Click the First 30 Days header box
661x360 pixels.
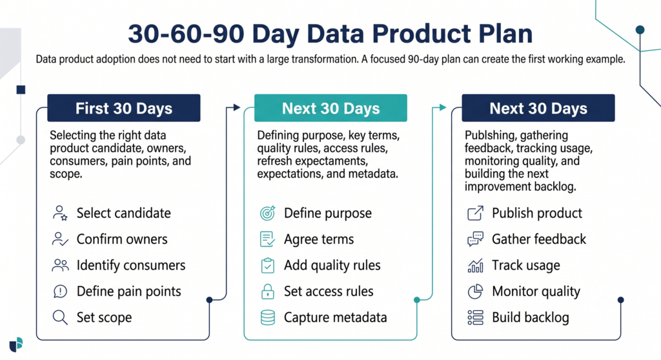pyautogui.click(x=123, y=108)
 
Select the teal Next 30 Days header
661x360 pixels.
pyautogui.click(x=330, y=108)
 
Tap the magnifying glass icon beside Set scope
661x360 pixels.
pyautogui.click(x=60, y=317)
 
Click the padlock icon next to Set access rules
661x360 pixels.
pyautogui.click(x=268, y=291)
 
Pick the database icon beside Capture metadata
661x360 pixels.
pyautogui.click(x=268, y=317)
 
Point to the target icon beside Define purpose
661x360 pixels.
pyautogui.click(x=268, y=213)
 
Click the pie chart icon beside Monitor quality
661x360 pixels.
pyautogui.click(x=475, y=291)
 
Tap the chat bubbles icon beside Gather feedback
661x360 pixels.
pyautogui.click(x=475, y=239)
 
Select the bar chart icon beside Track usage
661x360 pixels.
pyautogui.click(x=475, y=266)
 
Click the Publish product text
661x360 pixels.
pyautogui.click(x=536, y=214)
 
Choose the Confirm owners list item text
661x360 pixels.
pyautogui.click(x=122, y=239)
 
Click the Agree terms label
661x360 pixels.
pyautogui.click(x=319, y=239)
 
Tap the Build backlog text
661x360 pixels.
pyautogui.click(x=531, y=317)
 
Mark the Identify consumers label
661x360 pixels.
pyautogui.click(x=130, y=265)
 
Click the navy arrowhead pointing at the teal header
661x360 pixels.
pyautogui.click(x=236, y=108)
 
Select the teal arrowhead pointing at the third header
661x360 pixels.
pyautogui.click(x=443, y=108)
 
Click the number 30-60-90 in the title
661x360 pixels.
pyautogui.click(x=186, y=34)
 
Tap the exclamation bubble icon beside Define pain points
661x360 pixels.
pyautogui.click(x=60, y=291)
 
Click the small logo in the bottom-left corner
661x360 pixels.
pyautogui.click(x=16, y=345)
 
